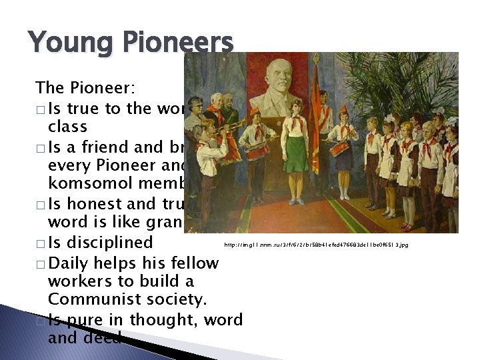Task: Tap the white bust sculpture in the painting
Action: (x=280, y=90)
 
